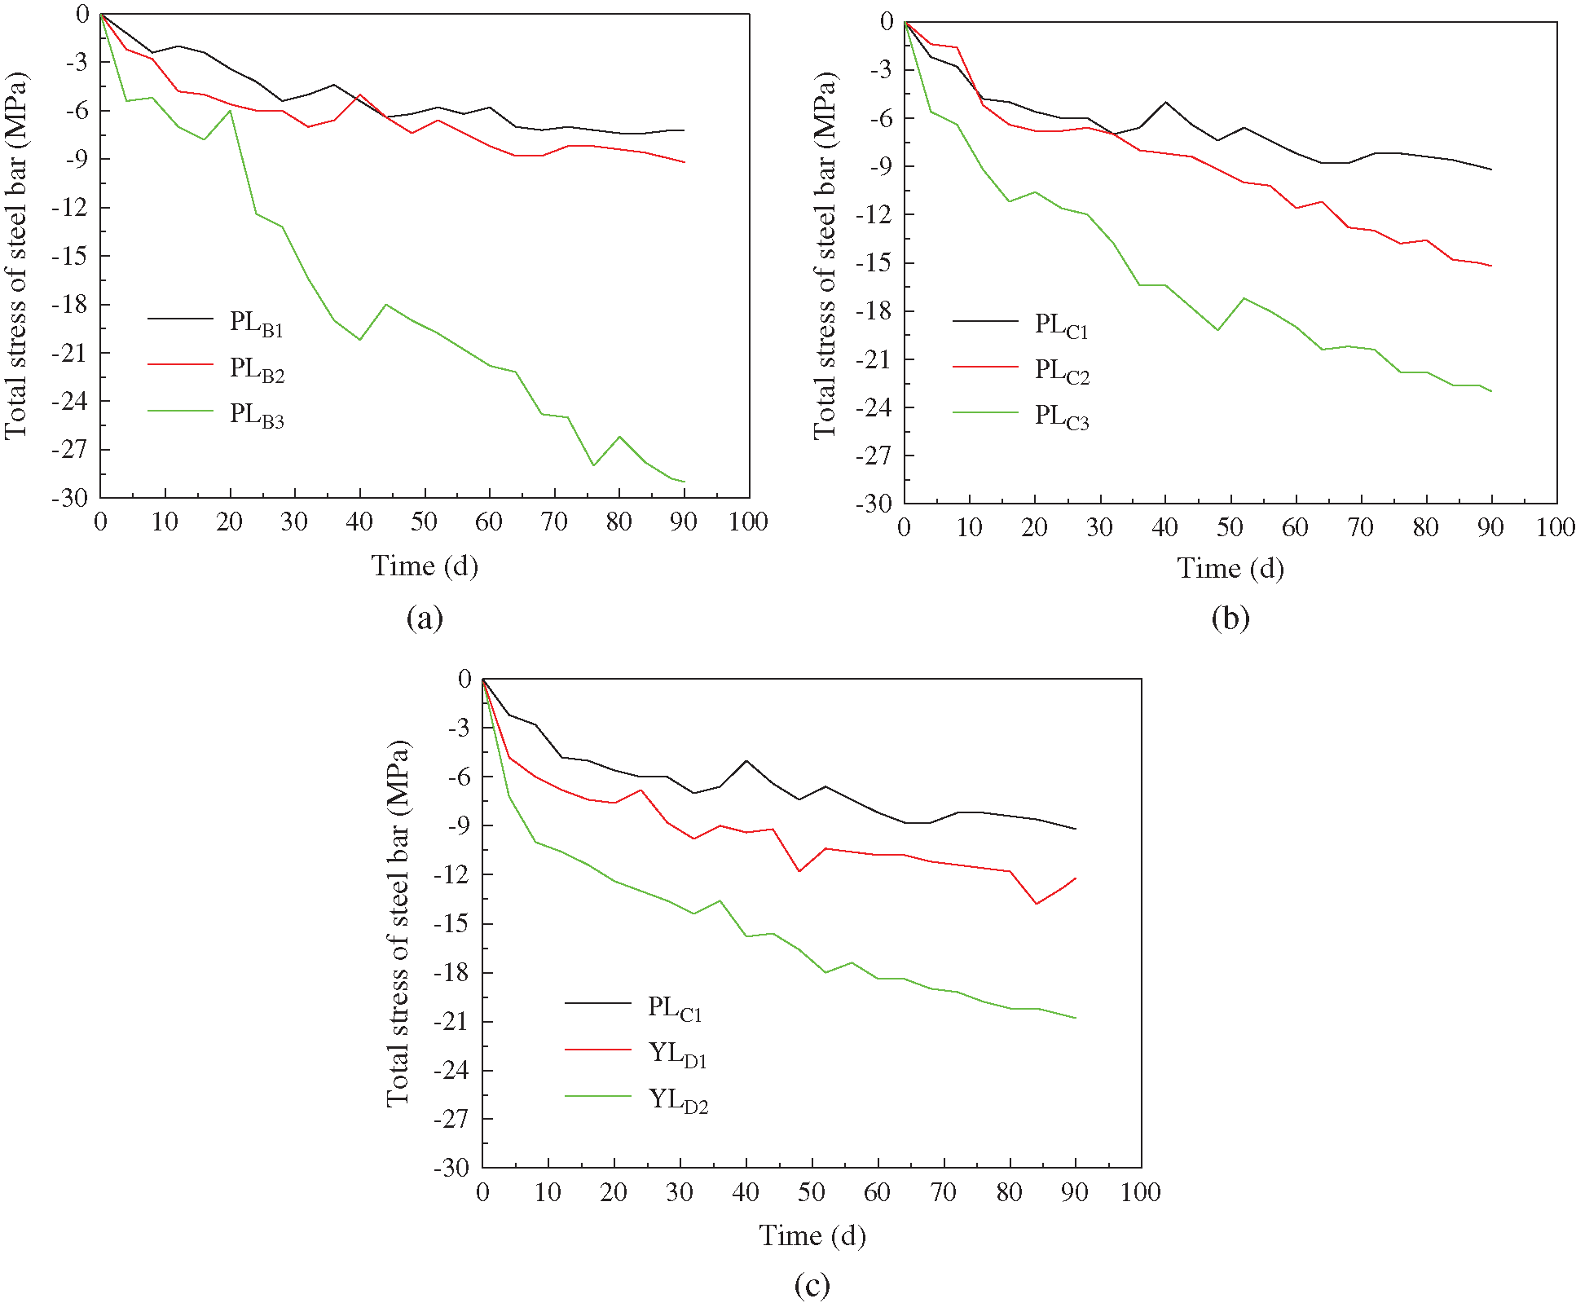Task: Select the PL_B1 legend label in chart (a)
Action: click(256, 323)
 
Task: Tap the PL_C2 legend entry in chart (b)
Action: click(1061, 371)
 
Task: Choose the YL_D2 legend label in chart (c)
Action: click(677, 1100)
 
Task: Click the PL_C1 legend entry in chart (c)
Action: click(674, 1008)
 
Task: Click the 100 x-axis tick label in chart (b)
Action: click(1555, 528)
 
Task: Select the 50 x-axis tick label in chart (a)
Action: click(424, 522)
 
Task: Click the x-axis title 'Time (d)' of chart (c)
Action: click(812, 1235)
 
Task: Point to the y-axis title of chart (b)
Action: click(825, 256)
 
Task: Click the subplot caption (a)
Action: click(425, 618)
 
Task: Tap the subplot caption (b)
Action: click(1230, 618)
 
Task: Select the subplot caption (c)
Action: click(812, 1285)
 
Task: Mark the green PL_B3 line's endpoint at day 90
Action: click(684, 482)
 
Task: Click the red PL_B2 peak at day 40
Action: click(359, 95)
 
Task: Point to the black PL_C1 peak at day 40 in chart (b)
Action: click(1165, 102)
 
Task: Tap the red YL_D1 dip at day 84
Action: click(1036, 904)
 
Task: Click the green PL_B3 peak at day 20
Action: click(231, 110)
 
